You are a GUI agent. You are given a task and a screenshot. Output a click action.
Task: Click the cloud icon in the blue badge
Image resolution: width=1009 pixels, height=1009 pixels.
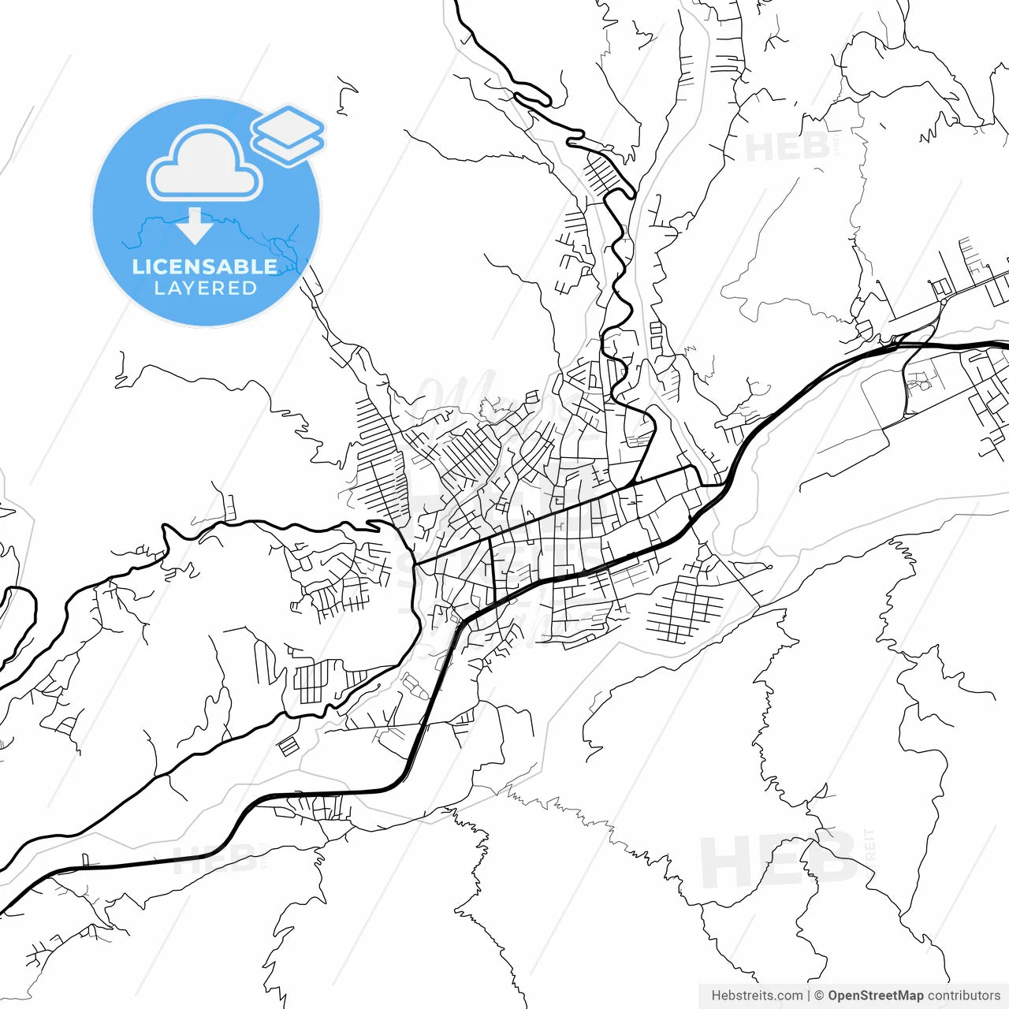click(205, 164)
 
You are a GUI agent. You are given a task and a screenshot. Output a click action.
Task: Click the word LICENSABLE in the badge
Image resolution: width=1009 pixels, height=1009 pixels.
click(205, 267)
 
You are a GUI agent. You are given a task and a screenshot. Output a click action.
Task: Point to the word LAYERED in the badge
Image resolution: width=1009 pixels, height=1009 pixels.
click(205, 289)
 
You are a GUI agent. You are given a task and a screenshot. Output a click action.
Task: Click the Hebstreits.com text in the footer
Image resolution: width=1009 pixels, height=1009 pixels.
click(757, 996)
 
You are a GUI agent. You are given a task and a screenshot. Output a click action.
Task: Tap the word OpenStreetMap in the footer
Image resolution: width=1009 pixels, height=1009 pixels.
click(875, 996)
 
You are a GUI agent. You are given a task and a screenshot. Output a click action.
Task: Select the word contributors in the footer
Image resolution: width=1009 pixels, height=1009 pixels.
click(963, 996)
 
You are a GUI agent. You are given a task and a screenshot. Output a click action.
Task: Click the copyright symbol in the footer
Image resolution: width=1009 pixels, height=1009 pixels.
click(819, 996)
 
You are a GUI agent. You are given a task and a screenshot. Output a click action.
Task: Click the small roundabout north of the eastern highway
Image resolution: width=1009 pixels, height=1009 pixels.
click(943, 301)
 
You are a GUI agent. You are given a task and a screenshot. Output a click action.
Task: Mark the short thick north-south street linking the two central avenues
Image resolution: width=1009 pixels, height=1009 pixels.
click(493, 566)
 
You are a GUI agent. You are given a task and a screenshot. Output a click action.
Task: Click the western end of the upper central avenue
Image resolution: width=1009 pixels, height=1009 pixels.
click(415, 563)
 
